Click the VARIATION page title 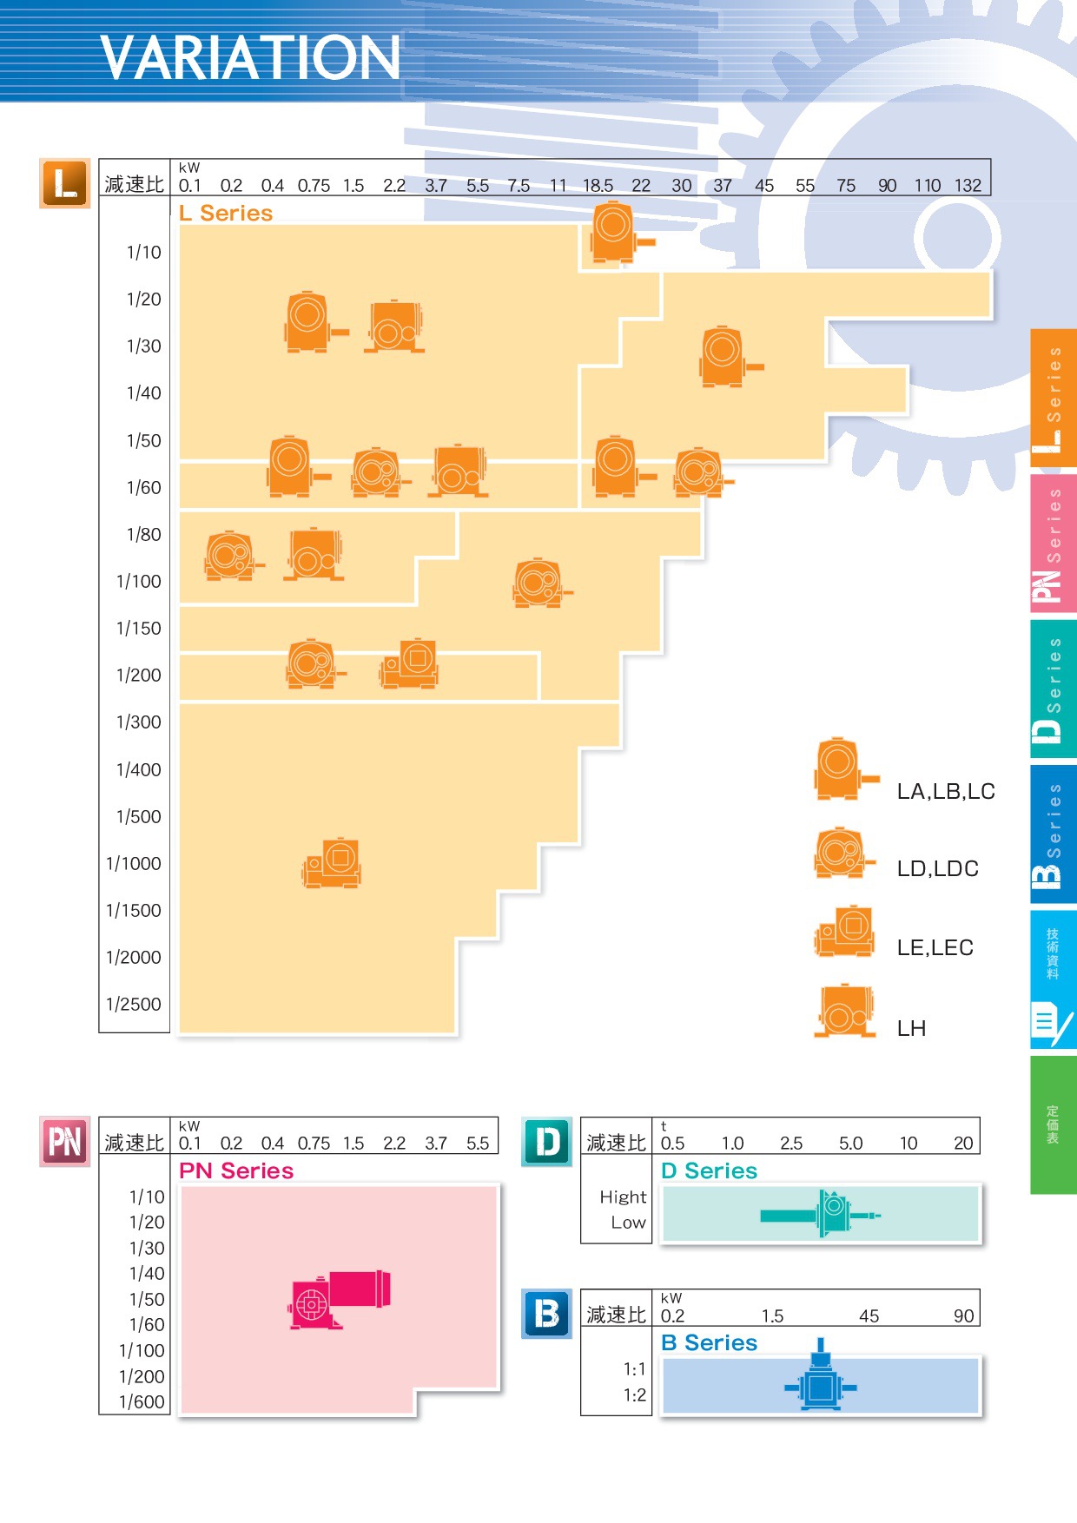coord(250,58)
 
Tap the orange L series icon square coord(65,183)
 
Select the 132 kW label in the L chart coord(968,186)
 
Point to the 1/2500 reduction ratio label coord(134,1005)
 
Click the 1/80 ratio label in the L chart coord(144,535)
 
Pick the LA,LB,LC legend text coord(946,792)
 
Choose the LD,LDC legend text coord(937,869)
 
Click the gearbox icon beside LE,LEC coord(845,932)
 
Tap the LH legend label coord(911,1029)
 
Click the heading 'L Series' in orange coord(226,214)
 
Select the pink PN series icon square coord(65,1142)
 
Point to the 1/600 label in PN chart coord(142,1402)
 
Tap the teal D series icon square coord(547,1142)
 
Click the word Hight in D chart coord(623,1197)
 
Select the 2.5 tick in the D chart coord(791,1144)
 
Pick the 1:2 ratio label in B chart coord(635,1395)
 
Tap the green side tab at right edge coord(1053,1124)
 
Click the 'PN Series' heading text coord(236,1171)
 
